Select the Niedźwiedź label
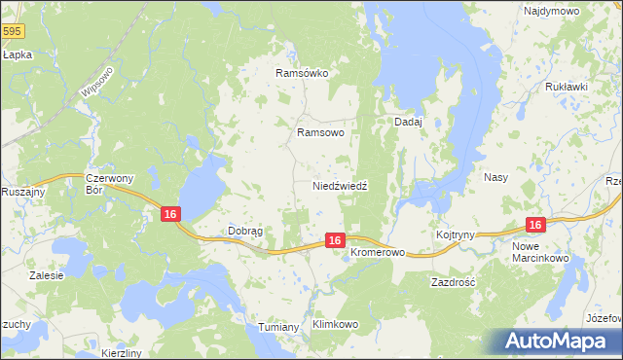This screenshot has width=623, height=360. coord(339,185)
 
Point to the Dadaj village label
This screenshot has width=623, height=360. coord(407,122)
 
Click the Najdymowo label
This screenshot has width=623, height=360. coord(552,11)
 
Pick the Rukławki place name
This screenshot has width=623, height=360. coord(567,87)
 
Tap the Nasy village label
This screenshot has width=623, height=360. coord(495,178)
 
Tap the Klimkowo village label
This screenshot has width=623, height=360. coord(335,324)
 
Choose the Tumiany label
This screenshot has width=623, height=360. coord(278,327)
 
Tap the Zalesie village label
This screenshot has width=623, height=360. coord(46,275)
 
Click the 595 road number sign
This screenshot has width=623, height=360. coord(11,32)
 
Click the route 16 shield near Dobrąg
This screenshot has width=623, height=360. coord(170,214)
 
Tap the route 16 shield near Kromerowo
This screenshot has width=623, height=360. coord(334,239)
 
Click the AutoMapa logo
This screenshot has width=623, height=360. coord(554,342)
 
